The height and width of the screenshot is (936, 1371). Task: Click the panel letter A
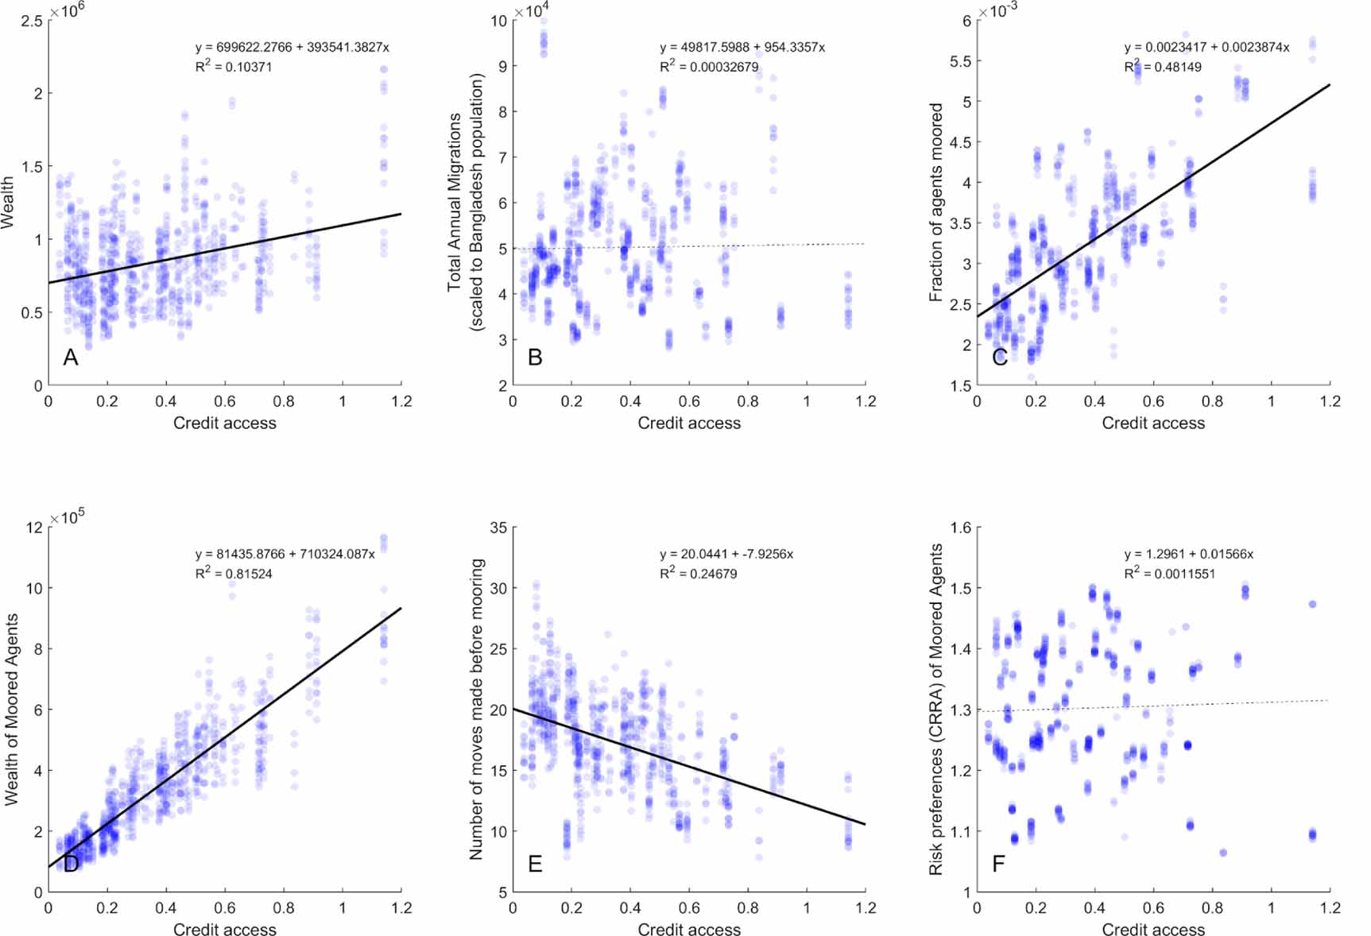(x=71, y=358)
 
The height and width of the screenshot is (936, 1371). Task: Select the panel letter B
(x=535, y=358)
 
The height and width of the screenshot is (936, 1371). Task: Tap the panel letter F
(x=999, y=864)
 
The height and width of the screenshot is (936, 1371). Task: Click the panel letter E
(x=535, y=864)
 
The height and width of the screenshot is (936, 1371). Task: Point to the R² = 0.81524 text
(x=234, y=573)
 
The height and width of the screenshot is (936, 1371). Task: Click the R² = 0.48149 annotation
(x=1163, y=67)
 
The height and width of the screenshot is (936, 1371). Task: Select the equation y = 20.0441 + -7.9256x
(x=726, y=554)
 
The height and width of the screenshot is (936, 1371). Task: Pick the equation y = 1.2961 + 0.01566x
(x=1188, y=554)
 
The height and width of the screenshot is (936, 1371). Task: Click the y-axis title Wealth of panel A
(x=8, y=203)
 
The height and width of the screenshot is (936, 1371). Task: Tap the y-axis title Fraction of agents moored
(x=936, y=202)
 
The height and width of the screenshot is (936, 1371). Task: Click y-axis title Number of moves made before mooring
(x=477, y=709)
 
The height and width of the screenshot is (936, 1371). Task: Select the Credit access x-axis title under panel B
(x=689, y=424)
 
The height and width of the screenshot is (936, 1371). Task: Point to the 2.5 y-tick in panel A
(x=32, y=21)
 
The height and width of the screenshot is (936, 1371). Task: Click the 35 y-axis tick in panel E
(x=498, y=528)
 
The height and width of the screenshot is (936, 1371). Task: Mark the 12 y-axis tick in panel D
(x=34, y=528)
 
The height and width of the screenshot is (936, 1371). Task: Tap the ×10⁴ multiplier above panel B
(x=532, y=11)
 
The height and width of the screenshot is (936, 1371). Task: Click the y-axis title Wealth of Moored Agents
(x=11, y=710)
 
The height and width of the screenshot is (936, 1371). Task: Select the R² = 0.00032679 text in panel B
(x=709, y=67)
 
